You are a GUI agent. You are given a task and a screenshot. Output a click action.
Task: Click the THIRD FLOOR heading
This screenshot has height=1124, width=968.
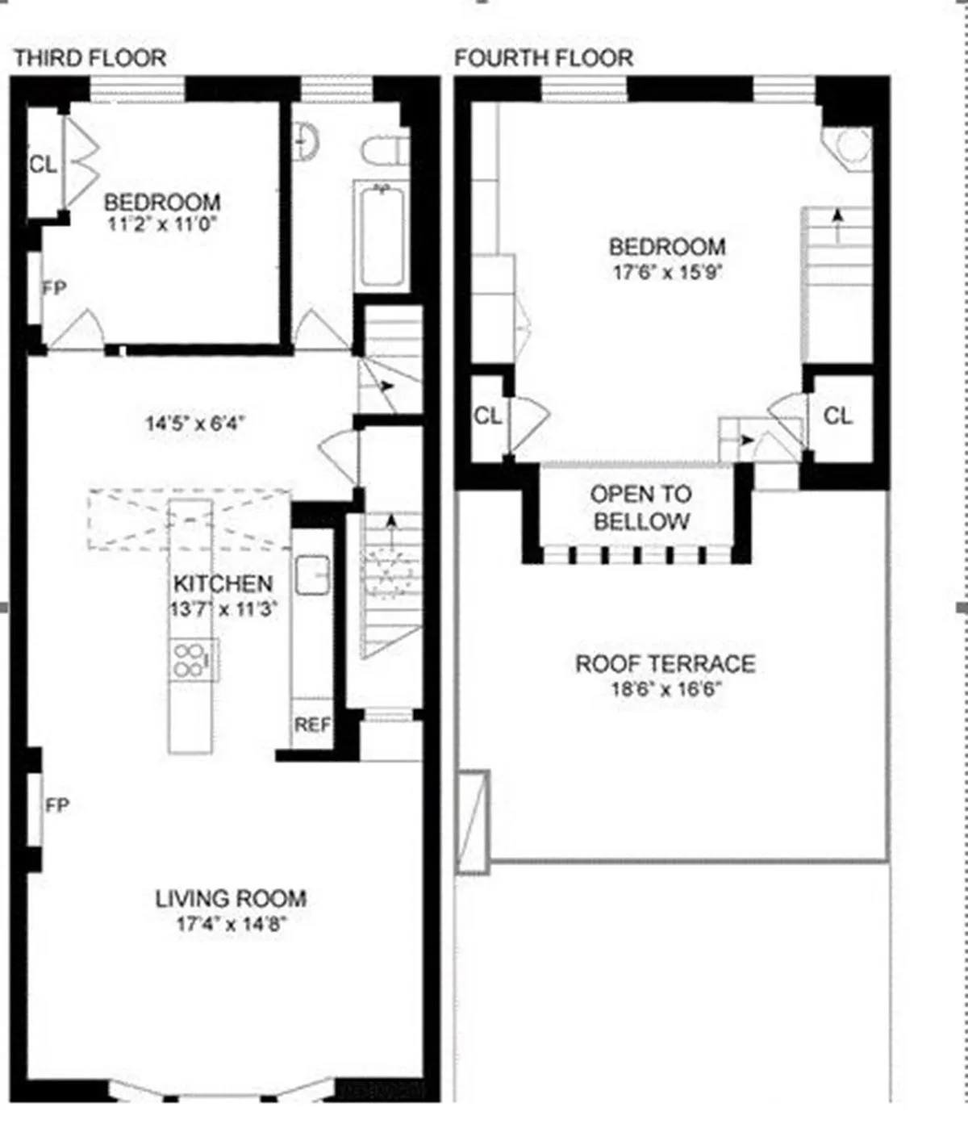click(90, 58)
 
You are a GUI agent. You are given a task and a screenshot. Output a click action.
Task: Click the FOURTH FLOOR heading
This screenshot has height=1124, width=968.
click(544, 58)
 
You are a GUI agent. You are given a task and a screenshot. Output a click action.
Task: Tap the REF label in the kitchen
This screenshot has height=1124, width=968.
click(311, 725)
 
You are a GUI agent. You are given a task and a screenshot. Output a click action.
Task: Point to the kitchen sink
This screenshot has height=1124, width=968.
click(312, 575)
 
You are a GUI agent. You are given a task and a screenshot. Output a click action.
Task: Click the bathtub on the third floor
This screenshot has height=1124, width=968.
click(382, 236)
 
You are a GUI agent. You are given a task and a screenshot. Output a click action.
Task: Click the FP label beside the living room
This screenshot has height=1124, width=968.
click(57, 805)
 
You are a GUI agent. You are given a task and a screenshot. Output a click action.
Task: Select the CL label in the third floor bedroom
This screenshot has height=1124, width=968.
click(44, 165)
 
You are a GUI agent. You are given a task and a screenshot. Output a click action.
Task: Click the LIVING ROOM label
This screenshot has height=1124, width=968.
click(231, 898)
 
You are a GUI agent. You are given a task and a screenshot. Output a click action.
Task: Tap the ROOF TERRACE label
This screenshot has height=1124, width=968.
click(665, 664)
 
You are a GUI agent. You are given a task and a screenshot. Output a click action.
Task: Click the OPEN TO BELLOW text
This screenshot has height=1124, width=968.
click(641, 508)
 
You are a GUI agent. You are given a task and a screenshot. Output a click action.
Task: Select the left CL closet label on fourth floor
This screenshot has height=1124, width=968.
click(488, 416)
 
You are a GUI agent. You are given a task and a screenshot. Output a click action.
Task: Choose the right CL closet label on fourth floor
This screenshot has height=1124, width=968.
click(839, 416)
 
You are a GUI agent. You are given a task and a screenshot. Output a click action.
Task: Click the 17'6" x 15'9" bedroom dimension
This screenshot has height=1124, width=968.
click(666, 273)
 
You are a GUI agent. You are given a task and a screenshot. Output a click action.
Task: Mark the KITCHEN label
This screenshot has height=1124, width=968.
click(223, 583)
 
